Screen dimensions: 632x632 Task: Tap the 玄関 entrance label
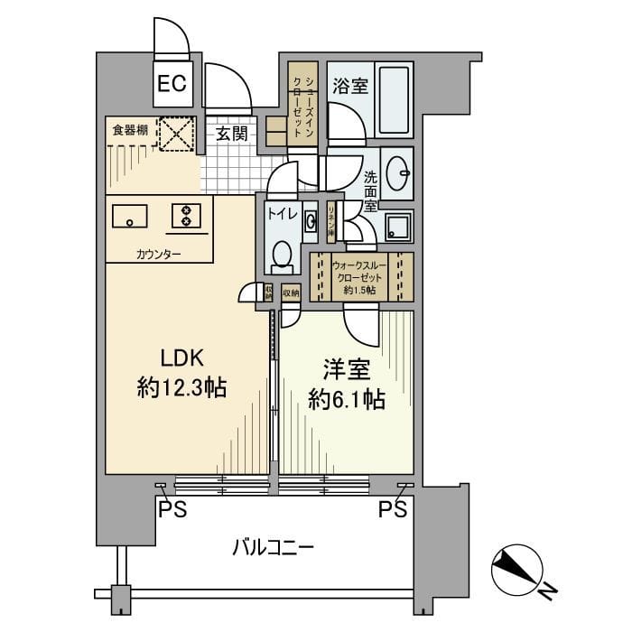[x=232, y=134]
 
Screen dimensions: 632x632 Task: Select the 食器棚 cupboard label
[x=130, y=131]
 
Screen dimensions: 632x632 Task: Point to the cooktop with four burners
[x=186, y=216]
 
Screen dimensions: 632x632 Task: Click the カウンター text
[x=159, y=254]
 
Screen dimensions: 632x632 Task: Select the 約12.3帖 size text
[x=181, y=390]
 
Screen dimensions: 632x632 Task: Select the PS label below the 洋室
[x=392, y=509]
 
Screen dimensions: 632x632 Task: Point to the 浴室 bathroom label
[x=349, y=87]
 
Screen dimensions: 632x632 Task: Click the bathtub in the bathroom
[x=394, y=99]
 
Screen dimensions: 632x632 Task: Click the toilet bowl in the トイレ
[x=282, y=255]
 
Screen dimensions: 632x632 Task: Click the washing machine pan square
[x=397, y=227]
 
